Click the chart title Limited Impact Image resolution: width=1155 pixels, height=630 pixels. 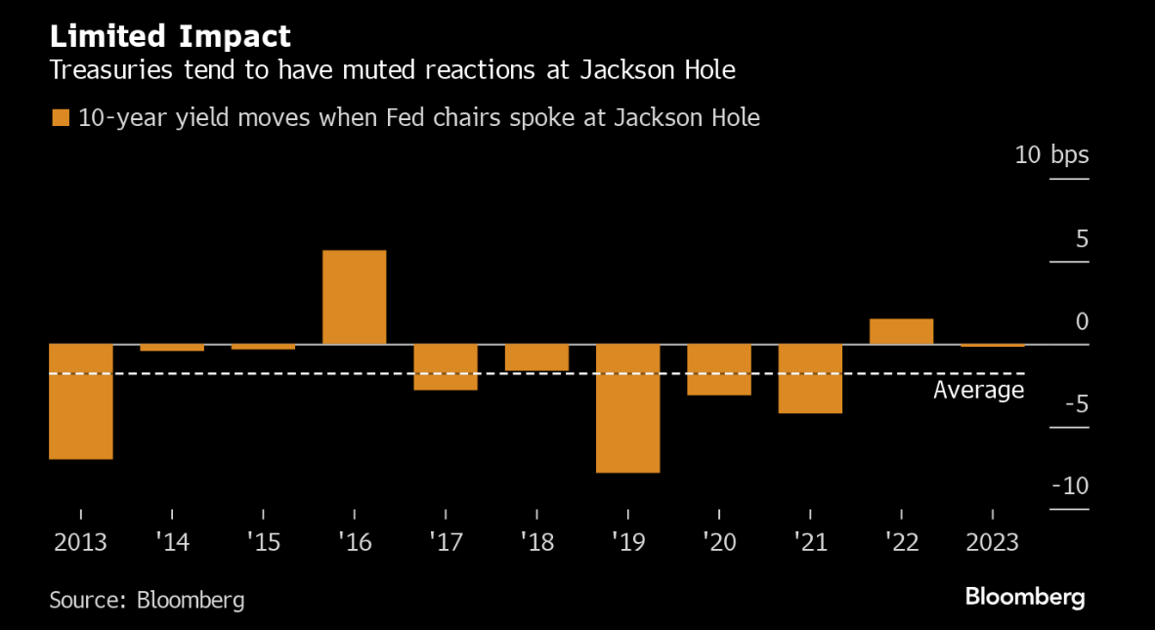[170, 37]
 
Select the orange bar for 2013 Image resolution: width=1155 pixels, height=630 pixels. [81, 400]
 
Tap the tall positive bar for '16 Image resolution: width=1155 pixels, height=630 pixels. [354, 297]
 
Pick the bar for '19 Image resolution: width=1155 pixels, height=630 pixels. [627, 407]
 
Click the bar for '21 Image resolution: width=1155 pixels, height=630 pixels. [810, 378]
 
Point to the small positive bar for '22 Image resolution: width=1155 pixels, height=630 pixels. [901, 331]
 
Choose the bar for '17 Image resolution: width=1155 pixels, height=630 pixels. [446, 366]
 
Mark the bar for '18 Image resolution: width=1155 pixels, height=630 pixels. [536, 357]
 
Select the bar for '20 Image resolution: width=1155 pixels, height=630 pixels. [719, 369]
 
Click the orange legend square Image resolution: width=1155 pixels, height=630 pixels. [61, 118]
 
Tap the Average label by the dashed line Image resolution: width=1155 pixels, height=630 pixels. [978, 391]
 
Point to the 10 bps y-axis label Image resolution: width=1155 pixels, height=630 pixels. [1051, 155]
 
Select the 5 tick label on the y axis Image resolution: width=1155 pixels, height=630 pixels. [1081, 238]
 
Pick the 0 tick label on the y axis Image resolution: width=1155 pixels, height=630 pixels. [1081, 321]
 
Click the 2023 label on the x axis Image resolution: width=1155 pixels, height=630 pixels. [992, 541]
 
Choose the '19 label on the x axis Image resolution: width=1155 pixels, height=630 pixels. [627, 541]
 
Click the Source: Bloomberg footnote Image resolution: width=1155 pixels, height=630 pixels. [147, 599]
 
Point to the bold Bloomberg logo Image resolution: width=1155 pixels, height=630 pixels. [1025, 597]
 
